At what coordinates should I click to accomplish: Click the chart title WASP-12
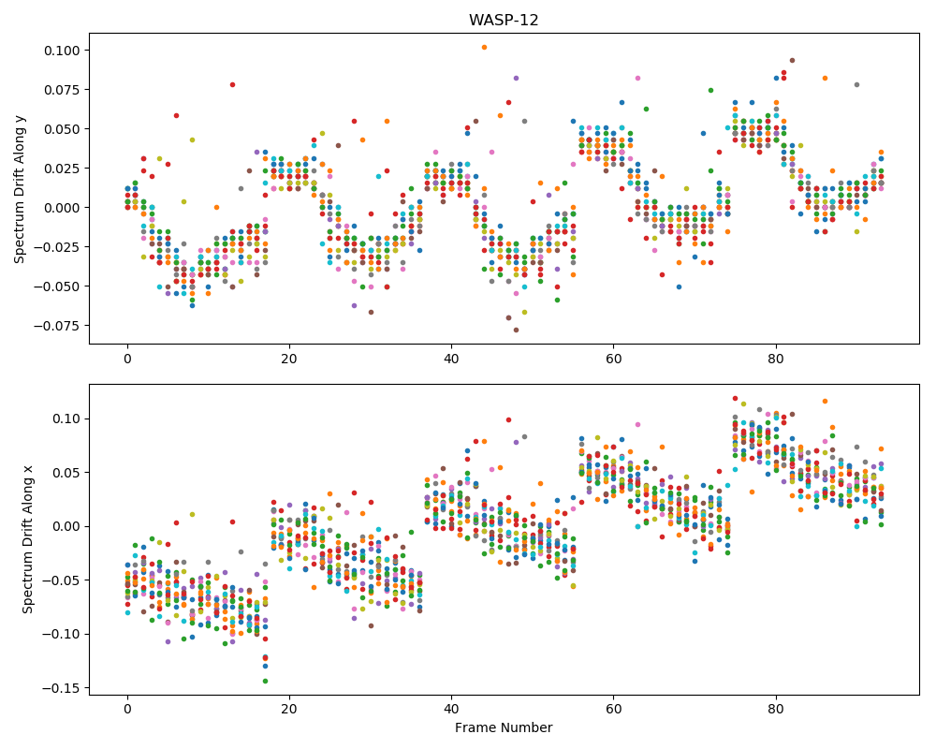click(504, 21)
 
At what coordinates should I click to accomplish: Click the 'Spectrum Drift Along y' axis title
click(19, 189)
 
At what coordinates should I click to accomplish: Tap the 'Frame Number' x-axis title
click(504, 727)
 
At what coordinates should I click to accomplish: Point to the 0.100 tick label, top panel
click(62, 51)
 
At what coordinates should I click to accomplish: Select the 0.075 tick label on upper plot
click(62, 90)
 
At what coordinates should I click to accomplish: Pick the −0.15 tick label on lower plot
click(60, 688)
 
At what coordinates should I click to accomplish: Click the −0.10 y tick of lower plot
click(60, 635)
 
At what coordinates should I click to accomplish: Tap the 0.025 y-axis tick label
click(62, 169)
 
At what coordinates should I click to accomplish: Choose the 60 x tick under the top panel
click(614, 359)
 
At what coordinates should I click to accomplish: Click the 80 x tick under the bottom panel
click(775, 710)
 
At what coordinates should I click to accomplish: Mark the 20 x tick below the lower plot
click(289, 710)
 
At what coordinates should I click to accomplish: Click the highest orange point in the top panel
click(484, 47)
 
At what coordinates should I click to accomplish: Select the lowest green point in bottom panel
click(265, 681)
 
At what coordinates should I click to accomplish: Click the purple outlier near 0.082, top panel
click(517, 79)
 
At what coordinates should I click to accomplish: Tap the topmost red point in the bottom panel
click(735, 399)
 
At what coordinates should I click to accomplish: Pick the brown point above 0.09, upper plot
click(792, 60)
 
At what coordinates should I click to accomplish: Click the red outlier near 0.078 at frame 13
click(233, 85)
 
